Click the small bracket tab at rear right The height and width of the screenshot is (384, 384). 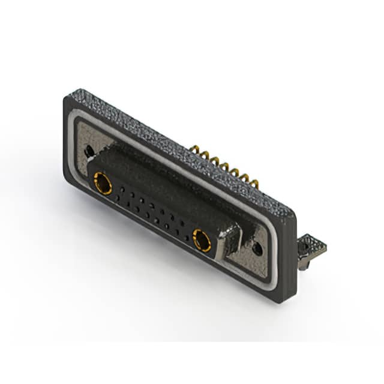[314, 247]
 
